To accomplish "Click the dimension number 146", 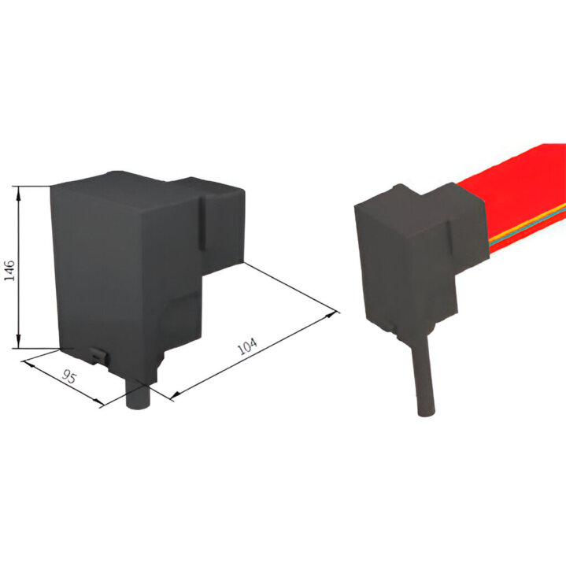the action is click(x=9, y=270).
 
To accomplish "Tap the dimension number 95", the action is click(x=69, y=377).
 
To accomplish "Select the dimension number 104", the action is click(x=248, y=346).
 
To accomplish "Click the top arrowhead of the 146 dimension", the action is click(x=18, y=191).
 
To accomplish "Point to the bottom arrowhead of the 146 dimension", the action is click(x=18, y=343).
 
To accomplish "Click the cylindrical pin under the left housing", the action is click(x=139, y=394).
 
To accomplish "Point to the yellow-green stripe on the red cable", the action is click(x=527, y=225).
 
